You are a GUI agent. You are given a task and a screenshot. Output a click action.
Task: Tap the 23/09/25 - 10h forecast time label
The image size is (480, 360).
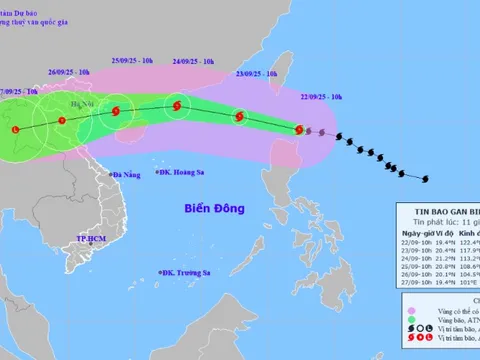(257, 73)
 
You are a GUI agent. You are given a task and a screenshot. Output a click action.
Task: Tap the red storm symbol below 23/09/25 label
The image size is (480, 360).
(239, 117)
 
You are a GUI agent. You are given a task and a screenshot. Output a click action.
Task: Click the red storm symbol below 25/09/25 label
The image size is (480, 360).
(117, 111)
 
